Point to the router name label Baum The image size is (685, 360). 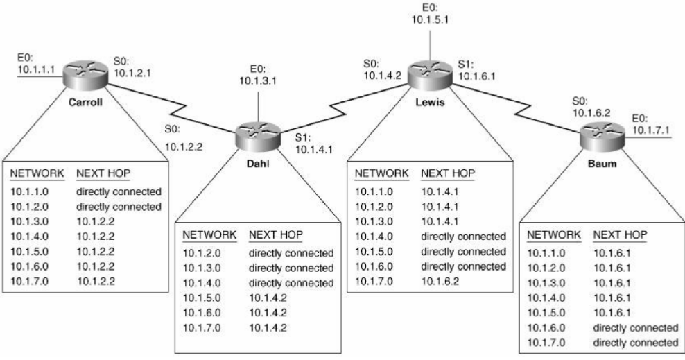[601, 160]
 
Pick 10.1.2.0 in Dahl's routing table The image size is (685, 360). [201, 252]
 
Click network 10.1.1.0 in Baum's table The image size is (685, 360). [546, 254]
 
